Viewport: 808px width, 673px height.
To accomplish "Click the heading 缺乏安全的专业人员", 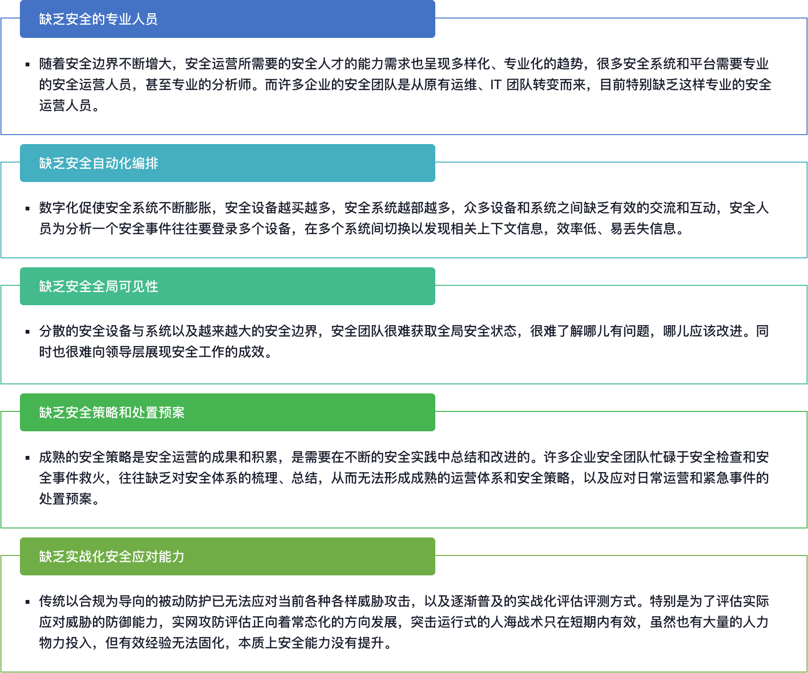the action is click(98, 19).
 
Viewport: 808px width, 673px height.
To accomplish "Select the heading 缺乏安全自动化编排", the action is click(98, 163).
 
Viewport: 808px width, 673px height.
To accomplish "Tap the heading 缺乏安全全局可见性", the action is click(98, 286).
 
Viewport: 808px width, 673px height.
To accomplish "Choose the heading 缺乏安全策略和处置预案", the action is click(111, 412).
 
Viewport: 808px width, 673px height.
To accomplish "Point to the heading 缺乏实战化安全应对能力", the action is click(111, 556).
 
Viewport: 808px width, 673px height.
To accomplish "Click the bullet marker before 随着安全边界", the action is click(28, 64).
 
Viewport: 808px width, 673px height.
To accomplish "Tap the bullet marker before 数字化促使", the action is click(28, 208).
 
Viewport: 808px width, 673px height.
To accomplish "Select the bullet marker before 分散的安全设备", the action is click(28, 331).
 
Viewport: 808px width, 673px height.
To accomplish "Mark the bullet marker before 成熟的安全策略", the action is click(28, 457).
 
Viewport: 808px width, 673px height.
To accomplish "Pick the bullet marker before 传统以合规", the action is click(28, 601).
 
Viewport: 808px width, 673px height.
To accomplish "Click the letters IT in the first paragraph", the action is click(496, 85).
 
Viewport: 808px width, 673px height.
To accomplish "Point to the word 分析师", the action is click(231, 85).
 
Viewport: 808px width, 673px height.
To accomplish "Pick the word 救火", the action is click(92, 478).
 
